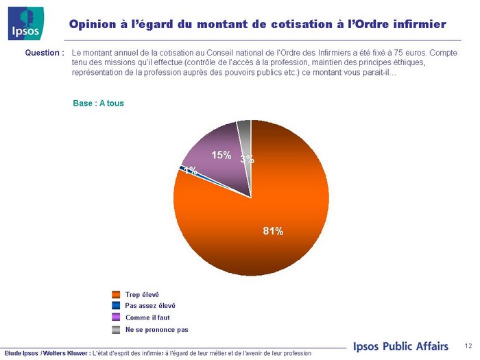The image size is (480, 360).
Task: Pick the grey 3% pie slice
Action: click(245, 134)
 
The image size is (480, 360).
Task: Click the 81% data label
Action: click(273, 231)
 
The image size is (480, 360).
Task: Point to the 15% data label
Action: click(221, 156)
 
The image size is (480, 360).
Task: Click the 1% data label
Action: click(191, 171)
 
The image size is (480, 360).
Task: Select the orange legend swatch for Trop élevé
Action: click(116, 295)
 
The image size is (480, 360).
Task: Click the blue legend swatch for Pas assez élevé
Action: click(116, 306)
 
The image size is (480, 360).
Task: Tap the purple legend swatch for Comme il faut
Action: click(116, 317)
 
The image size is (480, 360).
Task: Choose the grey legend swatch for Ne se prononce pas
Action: click(116, 330)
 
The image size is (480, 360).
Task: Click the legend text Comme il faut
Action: click(147, 317)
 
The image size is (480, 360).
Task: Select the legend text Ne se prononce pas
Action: click(156, 330)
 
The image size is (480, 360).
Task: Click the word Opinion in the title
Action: click(93, 24)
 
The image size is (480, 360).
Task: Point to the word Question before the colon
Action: click(43, 53)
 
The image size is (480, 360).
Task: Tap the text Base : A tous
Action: click(98, 103)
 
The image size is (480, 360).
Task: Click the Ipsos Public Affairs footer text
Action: click(400, 346)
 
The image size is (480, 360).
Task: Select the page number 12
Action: click(468, 345)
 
